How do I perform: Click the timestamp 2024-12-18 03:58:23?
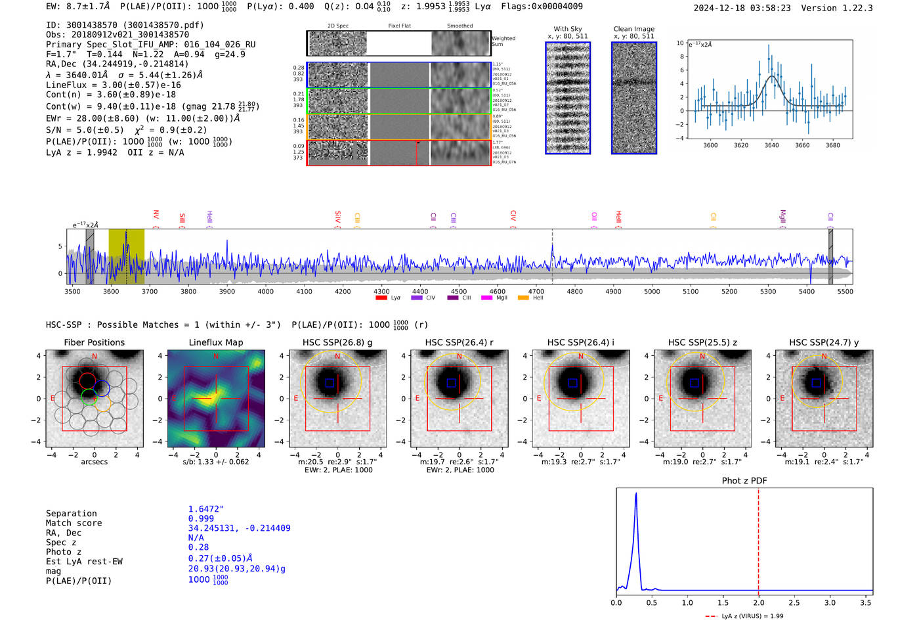pyautogui.click(x=742, y=9)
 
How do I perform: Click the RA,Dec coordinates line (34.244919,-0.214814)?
pyautogui.click(x=117, y=64)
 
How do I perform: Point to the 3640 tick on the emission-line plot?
pyautogui.click(x=771, y=145)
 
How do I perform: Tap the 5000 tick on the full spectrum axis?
pyautogui.click(x=652, y=291)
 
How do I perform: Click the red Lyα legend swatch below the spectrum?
pyautogui.click(x=381, y=298)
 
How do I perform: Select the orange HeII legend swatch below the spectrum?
pyautogui.click(x=523, y=298)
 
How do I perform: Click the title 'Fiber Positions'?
pyautogui.click(x=94, y=342)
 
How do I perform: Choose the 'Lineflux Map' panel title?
pyautogui.click(x=216, y=342)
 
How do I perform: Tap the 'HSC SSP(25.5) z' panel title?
pyautogui.click(x=702, y=342)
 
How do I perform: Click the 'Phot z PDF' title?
pyautogui.click(x=744, y=481)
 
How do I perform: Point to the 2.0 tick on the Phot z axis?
pyautogui.click(x=758, y=602)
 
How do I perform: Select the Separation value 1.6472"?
pyautogui.click(x=206, y=509)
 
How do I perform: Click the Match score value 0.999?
pyautogui.click(x=201, y=518)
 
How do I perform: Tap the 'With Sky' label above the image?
pyautogui.click(x=568, y=29)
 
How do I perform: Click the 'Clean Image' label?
pyautogui.click(x=633, y=29)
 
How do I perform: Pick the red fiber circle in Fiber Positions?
pyautogui.click(x=87, y=380)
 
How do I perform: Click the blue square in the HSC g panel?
pyautogui.click(x=330, y=383)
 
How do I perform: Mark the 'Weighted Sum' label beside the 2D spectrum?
pyautogui.click(x=503, y=41)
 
